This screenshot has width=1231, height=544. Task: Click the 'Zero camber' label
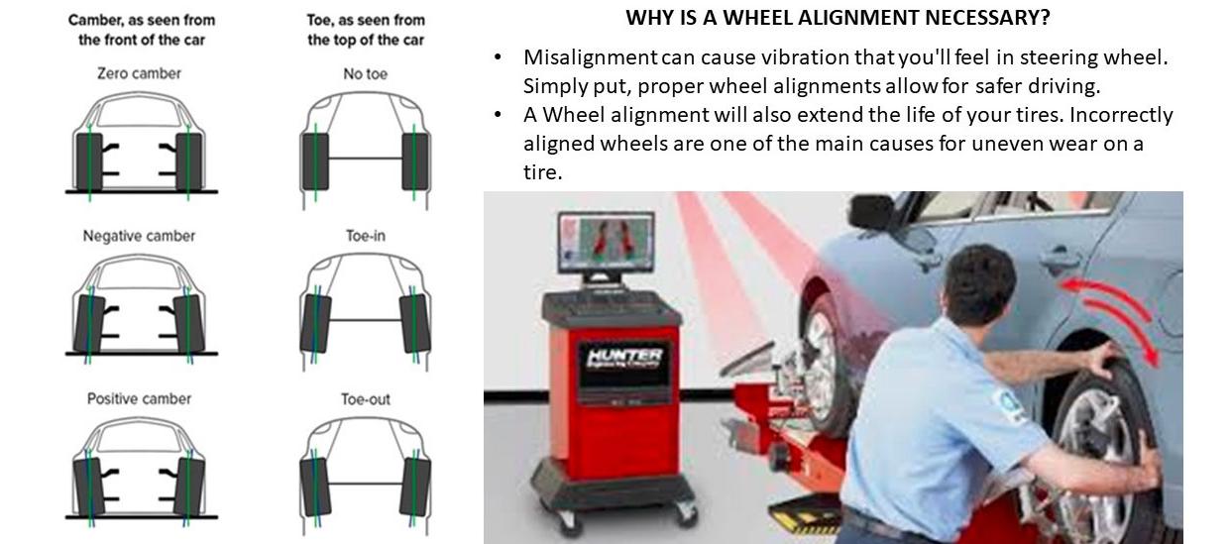pos(140,73)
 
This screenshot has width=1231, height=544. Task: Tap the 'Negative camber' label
pos(140,236)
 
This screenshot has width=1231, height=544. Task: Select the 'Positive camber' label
pos(140,398)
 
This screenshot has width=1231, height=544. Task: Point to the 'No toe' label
pos(365,73)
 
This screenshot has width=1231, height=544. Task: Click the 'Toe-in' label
pos(365,236)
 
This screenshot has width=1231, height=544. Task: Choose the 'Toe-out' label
pos(365,398)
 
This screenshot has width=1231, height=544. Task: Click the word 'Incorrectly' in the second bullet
pos(1121,115)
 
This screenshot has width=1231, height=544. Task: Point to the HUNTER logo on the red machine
pos(624,358)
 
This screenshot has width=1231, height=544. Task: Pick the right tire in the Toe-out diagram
pos(413,485)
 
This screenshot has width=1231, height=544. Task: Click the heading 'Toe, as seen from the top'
pos(365,30)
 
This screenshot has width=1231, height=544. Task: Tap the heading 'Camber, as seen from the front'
pos(141,30)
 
